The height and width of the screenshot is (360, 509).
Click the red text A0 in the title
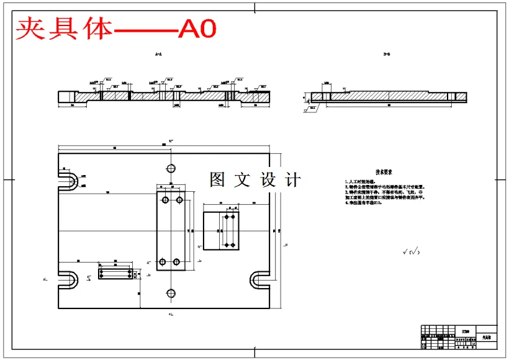coord(197,29)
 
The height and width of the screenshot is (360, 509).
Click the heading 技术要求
coord(384,172)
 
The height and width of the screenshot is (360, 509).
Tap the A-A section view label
coord(158,55)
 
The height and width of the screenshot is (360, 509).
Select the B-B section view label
coord(387,55)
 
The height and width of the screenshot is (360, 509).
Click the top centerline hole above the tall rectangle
coord(171,168)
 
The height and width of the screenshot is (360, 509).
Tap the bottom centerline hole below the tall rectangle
coord(169,293)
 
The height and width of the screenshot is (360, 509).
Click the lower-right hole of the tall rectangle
coord(177,261)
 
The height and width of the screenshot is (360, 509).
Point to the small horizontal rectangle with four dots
coord(115,272)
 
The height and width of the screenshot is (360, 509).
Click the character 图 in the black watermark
coord(217,180)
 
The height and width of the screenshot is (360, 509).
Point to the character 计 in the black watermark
coord(291,180)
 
